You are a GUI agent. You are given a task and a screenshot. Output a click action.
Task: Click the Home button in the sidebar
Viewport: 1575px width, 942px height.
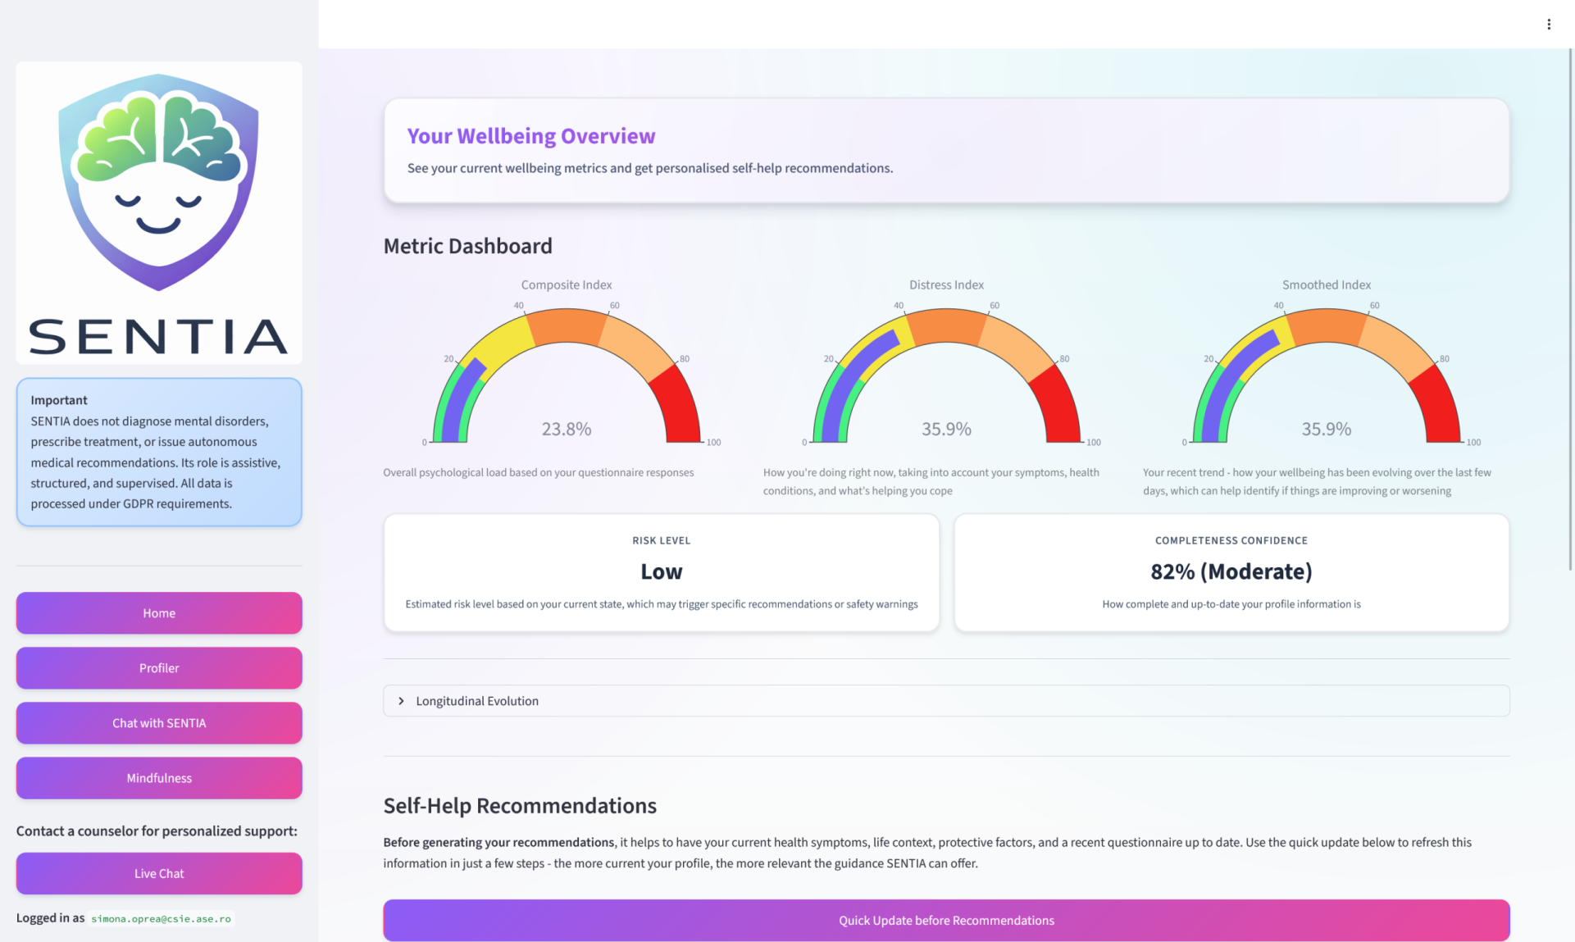tap(159, 612)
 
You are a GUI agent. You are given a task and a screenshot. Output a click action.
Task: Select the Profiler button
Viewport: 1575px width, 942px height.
tap(159, 667)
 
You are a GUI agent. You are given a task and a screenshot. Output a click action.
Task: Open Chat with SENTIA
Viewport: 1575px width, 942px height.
tap(159, 722)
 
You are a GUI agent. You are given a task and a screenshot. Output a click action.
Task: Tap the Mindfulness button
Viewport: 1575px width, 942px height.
tap(159, 777)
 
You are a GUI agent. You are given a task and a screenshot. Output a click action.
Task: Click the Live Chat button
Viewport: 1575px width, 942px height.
tap(159, 873)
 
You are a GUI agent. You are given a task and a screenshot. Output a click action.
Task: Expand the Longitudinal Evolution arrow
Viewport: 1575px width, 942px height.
tap(401, 701)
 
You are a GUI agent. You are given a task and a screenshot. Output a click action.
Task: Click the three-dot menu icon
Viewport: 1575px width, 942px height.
tap(1549, 25)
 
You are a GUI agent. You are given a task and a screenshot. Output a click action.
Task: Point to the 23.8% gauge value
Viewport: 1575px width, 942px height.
tap(567, 429)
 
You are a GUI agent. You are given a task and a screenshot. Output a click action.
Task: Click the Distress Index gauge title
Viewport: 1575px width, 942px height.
tap(946, 284)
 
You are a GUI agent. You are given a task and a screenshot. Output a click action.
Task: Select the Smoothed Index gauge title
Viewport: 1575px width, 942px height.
tap(1327, 284)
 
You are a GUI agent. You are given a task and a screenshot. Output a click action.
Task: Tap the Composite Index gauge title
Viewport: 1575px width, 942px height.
tap(567, 284)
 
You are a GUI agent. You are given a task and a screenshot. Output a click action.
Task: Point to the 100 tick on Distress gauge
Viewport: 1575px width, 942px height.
tap(1094, 443)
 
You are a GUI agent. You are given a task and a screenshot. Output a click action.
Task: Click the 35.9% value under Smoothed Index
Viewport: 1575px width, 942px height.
tap(1327, 429)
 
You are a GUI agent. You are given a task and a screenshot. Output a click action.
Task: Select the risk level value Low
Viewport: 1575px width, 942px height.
tap(662, 571)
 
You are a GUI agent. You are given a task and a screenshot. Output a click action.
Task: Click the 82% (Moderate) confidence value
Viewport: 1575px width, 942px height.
tap(1231, 571)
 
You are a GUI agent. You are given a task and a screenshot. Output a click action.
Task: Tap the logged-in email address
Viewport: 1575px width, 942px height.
tap(161, 918)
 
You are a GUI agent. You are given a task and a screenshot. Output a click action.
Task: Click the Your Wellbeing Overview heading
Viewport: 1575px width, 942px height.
tap(531, 135)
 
